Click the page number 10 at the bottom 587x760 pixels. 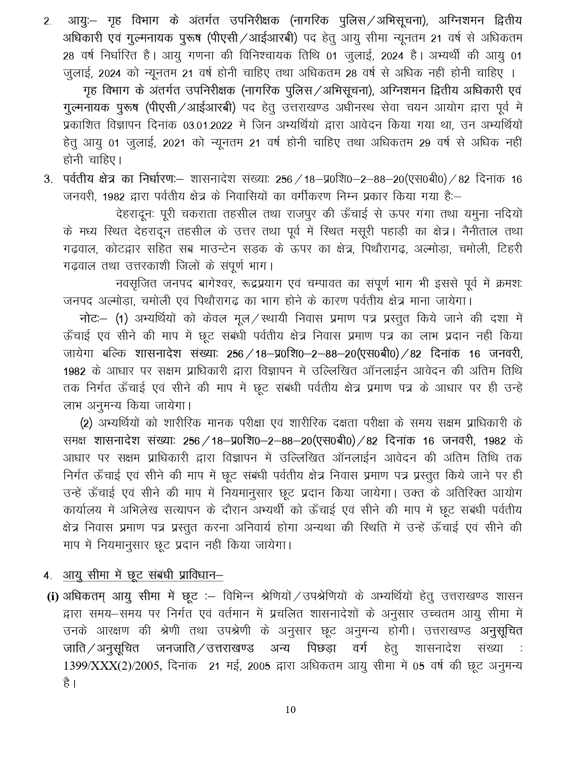[290, 709]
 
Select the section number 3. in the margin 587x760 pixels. [47, 179]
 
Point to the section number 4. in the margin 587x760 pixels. [47, 575]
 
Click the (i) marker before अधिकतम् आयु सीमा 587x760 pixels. [52, 596]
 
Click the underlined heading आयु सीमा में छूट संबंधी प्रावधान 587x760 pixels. [143, 575]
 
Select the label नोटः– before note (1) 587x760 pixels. [93, 319]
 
